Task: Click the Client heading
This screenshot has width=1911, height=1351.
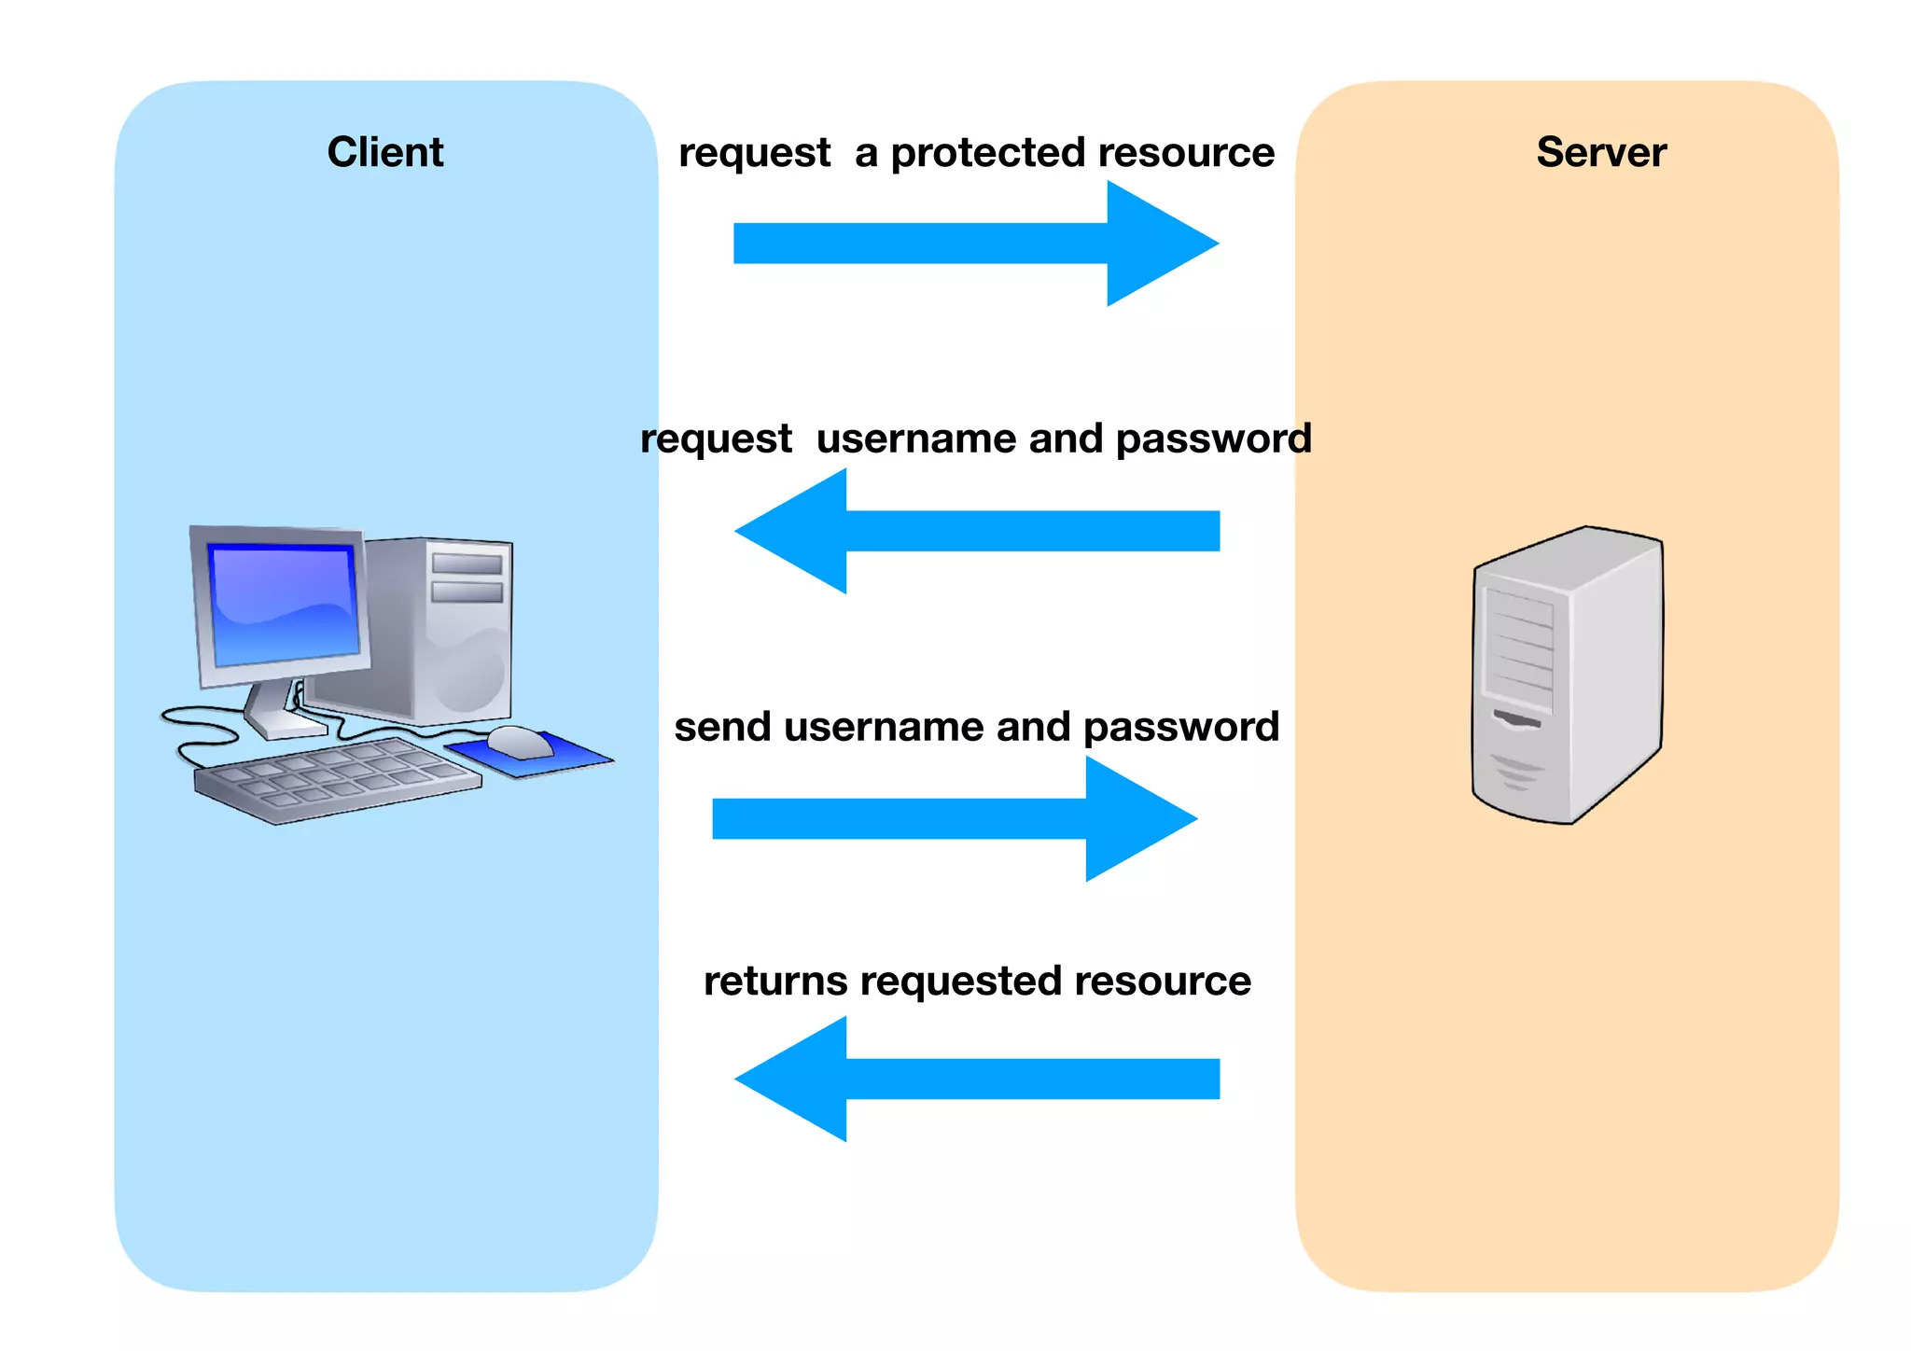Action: (384, 152)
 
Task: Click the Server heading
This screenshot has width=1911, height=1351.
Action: (1600, 152)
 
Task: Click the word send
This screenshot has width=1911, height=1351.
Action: (724, 727)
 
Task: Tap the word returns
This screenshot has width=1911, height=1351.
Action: (775, 982)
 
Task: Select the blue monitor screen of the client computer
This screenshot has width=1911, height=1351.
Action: (284, 605)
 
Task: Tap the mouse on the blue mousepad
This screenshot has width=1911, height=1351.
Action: (519, 742)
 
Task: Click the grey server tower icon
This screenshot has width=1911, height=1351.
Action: (1568, 675)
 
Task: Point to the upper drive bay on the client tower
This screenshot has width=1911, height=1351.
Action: (467, 563)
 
